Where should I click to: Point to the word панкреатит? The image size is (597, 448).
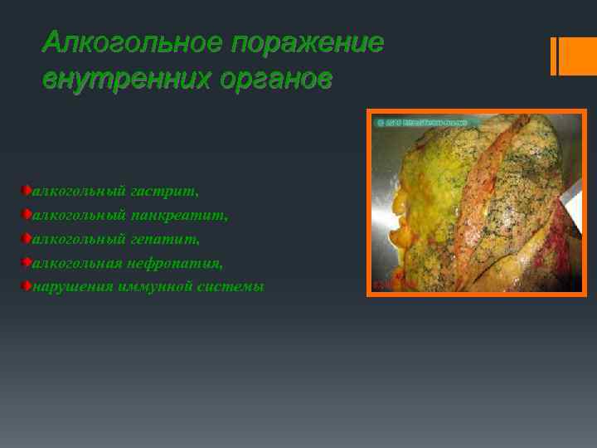pyautogui.click(x=179, y=216)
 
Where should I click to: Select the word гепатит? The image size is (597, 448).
pyautogui.click(x=165, y=240)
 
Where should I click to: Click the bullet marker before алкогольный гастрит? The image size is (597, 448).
pyautogui.click(x=27, y=191)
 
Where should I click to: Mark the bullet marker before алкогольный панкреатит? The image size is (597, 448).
pyautogui.click(x=27, y=215)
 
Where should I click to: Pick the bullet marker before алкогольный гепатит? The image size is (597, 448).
pyautogui.click(x=27, y=239)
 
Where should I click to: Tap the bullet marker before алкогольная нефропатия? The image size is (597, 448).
pyautogui.click(x=27, y=262)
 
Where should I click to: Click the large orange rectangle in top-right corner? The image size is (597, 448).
pyautogui.click(x=573, y=56)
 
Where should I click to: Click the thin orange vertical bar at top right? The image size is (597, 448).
pyautogui.click(x=553, y=56)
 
